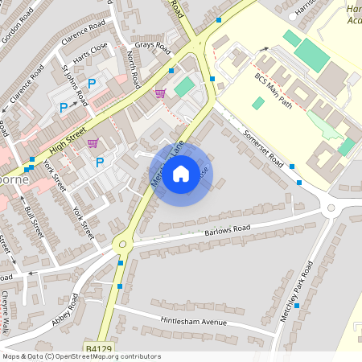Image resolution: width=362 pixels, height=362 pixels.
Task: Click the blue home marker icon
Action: (x=181, y=173)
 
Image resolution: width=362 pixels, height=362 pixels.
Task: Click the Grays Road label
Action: (x=153, y=47)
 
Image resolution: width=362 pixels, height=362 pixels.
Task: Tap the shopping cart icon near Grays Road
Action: (x=160, y=93)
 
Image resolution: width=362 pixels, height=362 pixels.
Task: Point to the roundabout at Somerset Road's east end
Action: (x=330, y=209)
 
